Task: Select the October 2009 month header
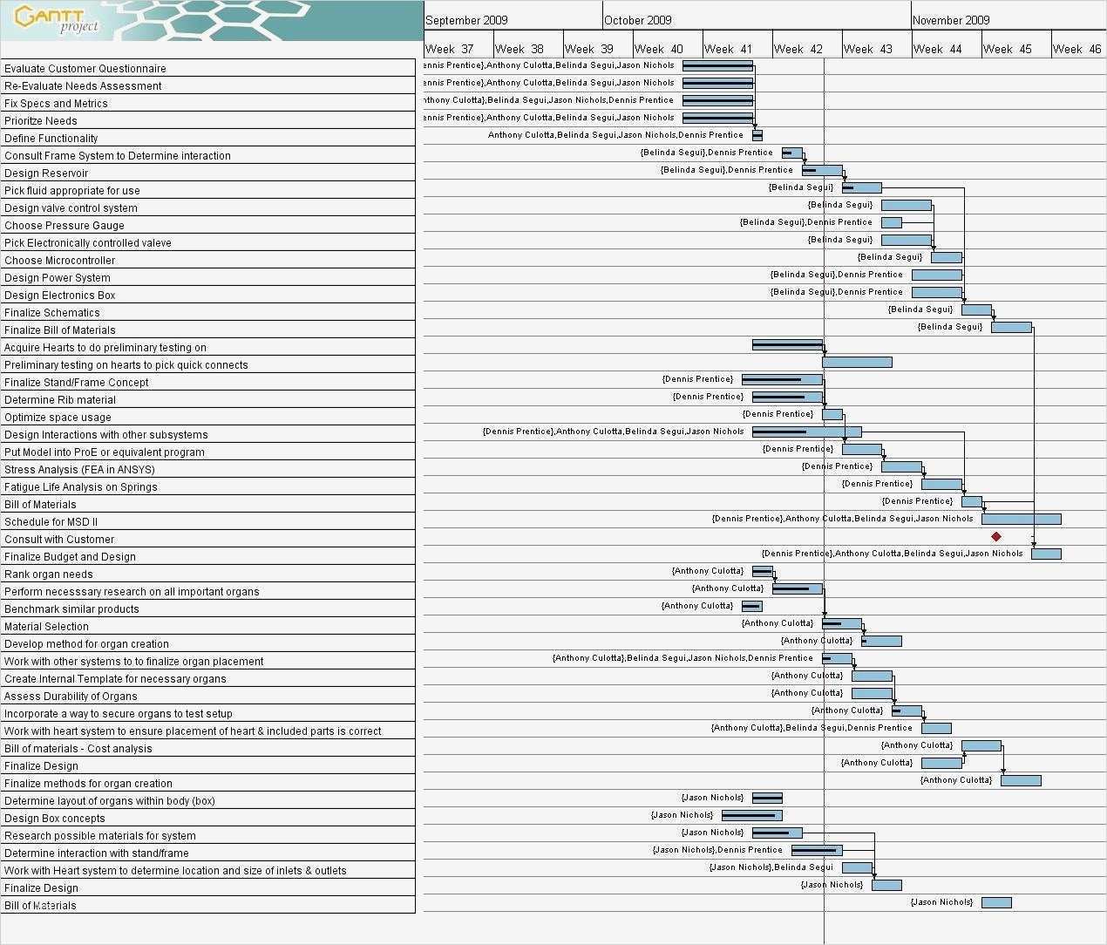click(638, 20)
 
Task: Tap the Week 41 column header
click(728, 49)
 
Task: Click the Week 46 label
click(1076, 49)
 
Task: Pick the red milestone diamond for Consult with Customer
click(996, 536)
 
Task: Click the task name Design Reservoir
click(46, 173)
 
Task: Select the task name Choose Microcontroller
click(59, 260)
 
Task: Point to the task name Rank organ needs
click(48, 574)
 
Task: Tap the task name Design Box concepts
click(54, 818)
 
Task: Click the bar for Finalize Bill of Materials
click(1011, 327)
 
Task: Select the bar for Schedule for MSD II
click(1021, 519)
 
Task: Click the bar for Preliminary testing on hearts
click(857, 362)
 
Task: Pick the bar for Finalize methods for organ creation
click(1021, 780)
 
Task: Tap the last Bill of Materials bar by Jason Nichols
click(996, 902)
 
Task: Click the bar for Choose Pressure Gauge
click(891, 222)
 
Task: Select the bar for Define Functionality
click(757, 135)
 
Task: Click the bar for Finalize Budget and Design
click(1046, 554)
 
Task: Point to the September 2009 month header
click(467, 20)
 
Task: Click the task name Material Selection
click(46, 626)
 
